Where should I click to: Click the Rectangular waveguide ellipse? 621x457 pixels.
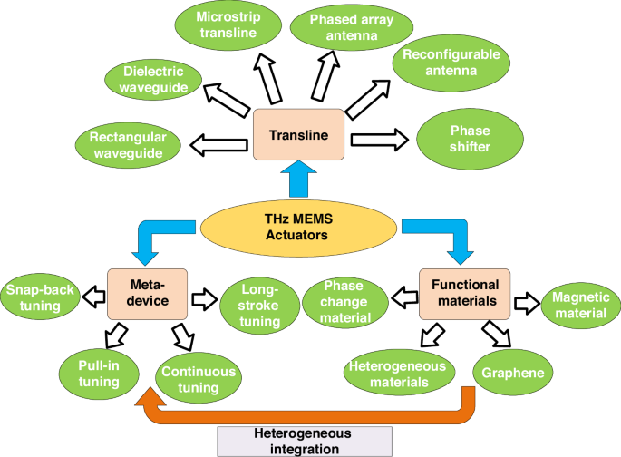[x=126, y=145]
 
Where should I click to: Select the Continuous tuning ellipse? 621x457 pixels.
[x=199, y=379]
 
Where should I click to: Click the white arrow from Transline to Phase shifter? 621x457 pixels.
[x=378, y=139]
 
